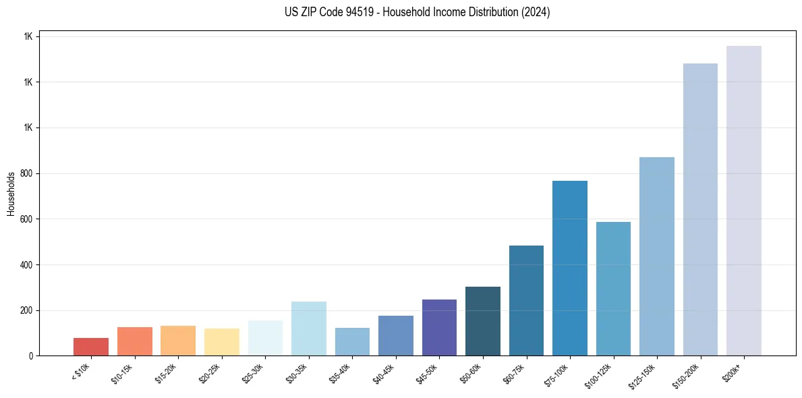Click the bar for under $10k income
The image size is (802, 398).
coord(91,347)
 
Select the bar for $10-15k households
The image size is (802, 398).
coord(134,341)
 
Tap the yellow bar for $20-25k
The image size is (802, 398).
coord(221,342)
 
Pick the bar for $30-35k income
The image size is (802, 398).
coord(308,329)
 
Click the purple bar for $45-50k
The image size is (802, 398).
coord(439,328)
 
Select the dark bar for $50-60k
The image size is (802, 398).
coord(483,321)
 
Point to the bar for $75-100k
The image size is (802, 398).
coord(570,268)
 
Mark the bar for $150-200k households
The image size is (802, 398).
coord(700,209)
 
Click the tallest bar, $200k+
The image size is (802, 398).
coord(744,200)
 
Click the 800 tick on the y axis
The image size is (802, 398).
coord(26,173)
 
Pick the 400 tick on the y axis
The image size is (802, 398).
coord(26,264)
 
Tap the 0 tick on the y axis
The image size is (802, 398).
coord(31,356)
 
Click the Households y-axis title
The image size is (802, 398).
coord(11,193)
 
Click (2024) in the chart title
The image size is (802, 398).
coord(536,12)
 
